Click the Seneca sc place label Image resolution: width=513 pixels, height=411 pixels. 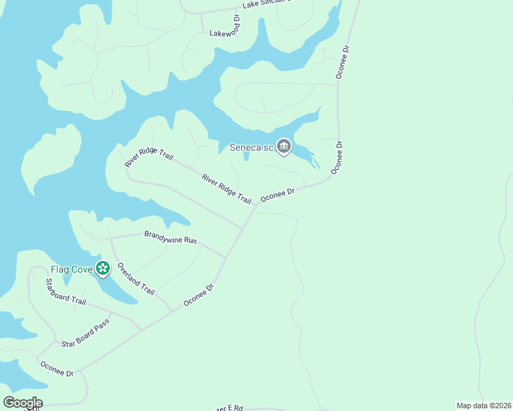point(251,147)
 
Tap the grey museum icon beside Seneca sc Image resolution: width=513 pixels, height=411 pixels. point(284,146)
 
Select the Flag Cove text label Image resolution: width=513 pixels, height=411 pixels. point(71,269)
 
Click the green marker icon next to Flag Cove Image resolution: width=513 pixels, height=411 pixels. point(103,269)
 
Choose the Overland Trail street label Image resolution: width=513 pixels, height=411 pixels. point(136,278)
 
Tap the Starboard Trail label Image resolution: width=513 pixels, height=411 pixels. point(65,292)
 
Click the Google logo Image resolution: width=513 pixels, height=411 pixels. point(23,403)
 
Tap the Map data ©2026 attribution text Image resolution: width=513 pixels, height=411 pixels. point(484,406)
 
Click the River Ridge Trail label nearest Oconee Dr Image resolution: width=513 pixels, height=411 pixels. point(226,188)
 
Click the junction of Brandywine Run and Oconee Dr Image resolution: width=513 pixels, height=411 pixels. point(226,258)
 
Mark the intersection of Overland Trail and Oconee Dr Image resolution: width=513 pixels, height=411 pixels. point(171,312)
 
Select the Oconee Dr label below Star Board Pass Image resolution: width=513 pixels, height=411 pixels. point(56,369)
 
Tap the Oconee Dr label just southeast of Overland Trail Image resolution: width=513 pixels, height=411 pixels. point(199,295)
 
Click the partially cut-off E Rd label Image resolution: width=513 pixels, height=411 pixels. point(230,408)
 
